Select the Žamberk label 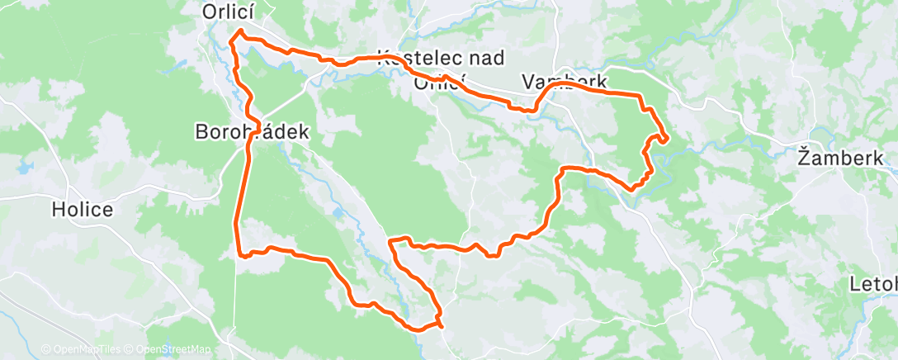click(840, 157)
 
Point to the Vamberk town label click(565, 83)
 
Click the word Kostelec click(418, 58)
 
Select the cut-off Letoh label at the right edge click(873, 285)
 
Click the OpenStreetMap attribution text click(168, 349)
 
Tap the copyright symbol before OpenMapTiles click(45, 349)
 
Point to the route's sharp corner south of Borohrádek click(243, 254)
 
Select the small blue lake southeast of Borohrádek click(338, 212)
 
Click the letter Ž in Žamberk click(803, 156)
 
